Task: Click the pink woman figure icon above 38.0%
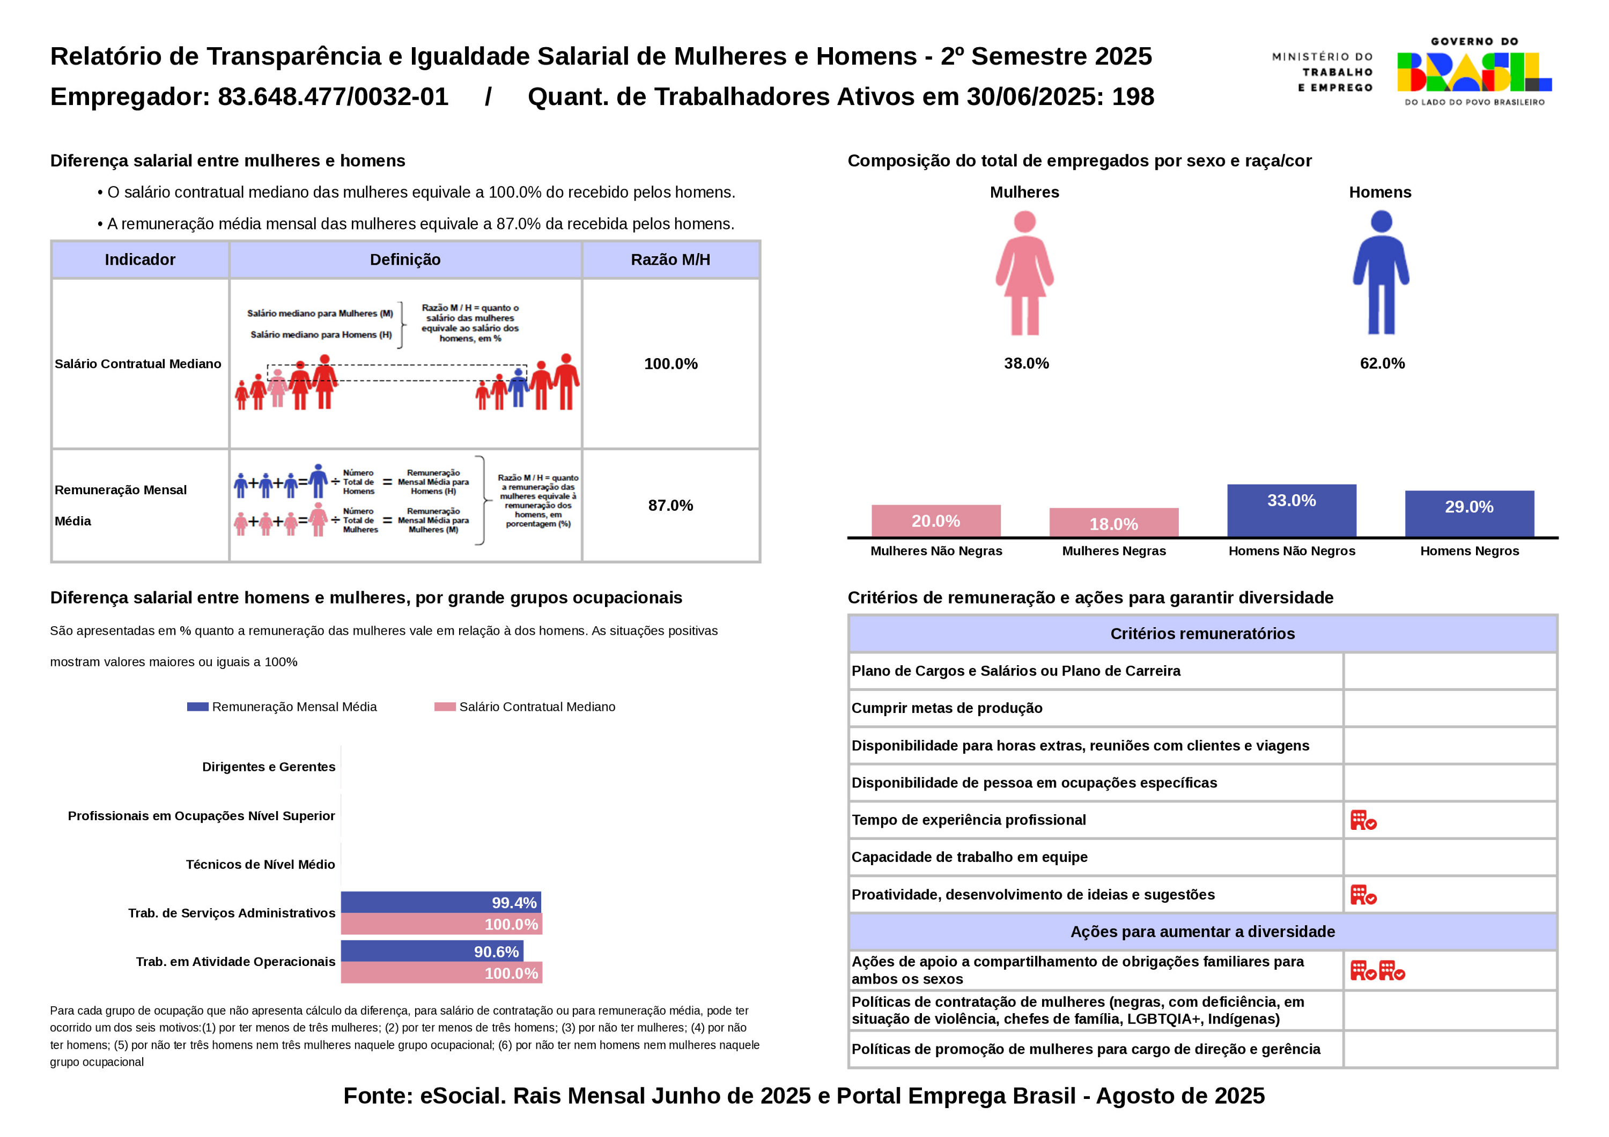1024,273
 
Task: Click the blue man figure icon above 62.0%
1381,273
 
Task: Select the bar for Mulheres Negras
1113,523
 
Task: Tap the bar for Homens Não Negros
1291,511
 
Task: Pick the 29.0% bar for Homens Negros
1470,514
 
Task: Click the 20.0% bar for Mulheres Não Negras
935,521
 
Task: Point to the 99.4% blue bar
441,902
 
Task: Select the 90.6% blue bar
432,952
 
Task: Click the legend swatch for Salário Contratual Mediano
445,707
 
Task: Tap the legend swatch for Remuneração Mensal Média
197,707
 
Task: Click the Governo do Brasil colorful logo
1474,71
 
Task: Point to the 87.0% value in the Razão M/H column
670,506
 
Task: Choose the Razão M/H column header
670,260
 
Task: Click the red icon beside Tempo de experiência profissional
1363,820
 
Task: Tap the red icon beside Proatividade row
1363,895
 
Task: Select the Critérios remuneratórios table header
1202,634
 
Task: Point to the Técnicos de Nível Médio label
260,865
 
